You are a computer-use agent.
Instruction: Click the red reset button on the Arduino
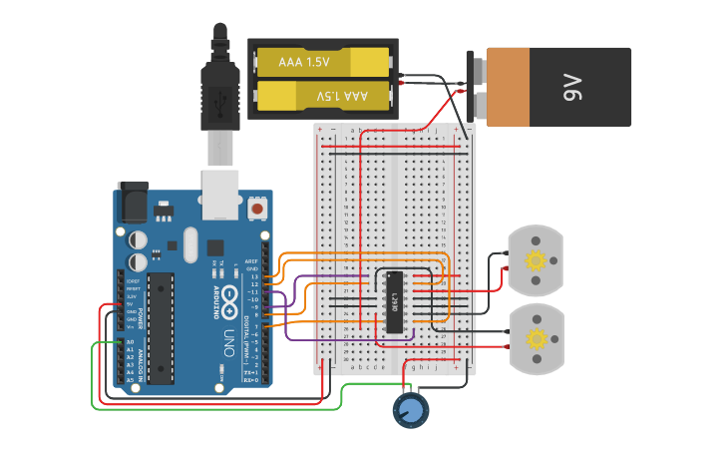pyautogui.click(x=258, y=209)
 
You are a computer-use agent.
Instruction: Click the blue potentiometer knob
pyautogui.click(x=410, y=409)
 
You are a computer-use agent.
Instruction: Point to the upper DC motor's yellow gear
pyautogui.click(x=537, y=261)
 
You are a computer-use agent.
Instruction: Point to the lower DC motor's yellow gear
pyautogui.click(x=537, y=339)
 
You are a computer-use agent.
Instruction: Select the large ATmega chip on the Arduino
pyautogui.click(x=160, y=327)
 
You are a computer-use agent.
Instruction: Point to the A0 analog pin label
pyautogui.click(x=130, y=343)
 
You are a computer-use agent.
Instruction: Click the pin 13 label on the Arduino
pyautogui.click(x=253, y=276)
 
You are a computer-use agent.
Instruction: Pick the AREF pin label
pyautogui.click(x=251, y=261)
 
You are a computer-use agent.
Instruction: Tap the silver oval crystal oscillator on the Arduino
pyautogui.click(x=188, y=245)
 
